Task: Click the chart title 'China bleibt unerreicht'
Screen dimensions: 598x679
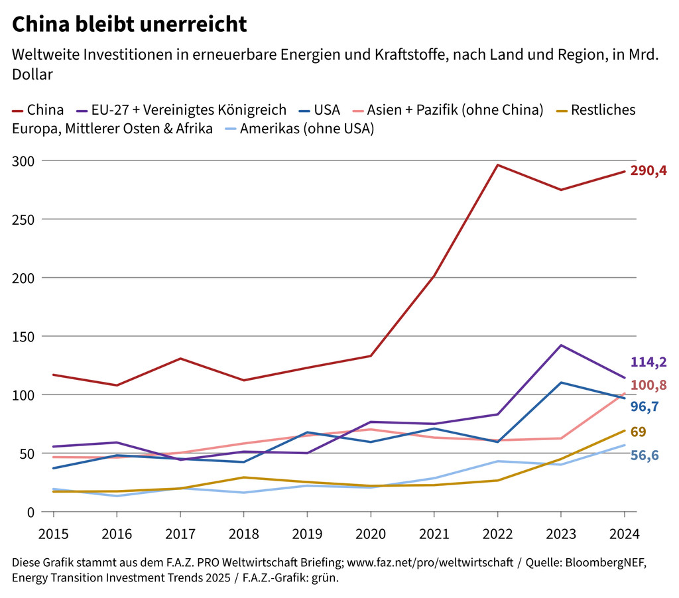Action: click(x=130, y=25)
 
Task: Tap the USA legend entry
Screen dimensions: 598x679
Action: click(x=319, y=110)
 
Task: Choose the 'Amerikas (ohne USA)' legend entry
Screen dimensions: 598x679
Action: click(x=299, y=129)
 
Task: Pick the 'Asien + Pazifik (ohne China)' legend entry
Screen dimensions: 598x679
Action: click(x=448, y=110)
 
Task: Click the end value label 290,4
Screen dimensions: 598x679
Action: click(x=648, y=172)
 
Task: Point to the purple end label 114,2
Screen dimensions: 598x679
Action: click(x=648, y=362)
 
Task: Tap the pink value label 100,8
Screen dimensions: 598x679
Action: click(x=648, y=385)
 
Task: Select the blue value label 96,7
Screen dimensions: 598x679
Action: click(x=644, y=406)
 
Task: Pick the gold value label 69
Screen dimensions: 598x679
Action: click(x=638, y=432)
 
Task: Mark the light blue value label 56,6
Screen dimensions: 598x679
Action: click(x=644, y=455)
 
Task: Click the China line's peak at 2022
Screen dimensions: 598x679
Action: click(x=497, y=164)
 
